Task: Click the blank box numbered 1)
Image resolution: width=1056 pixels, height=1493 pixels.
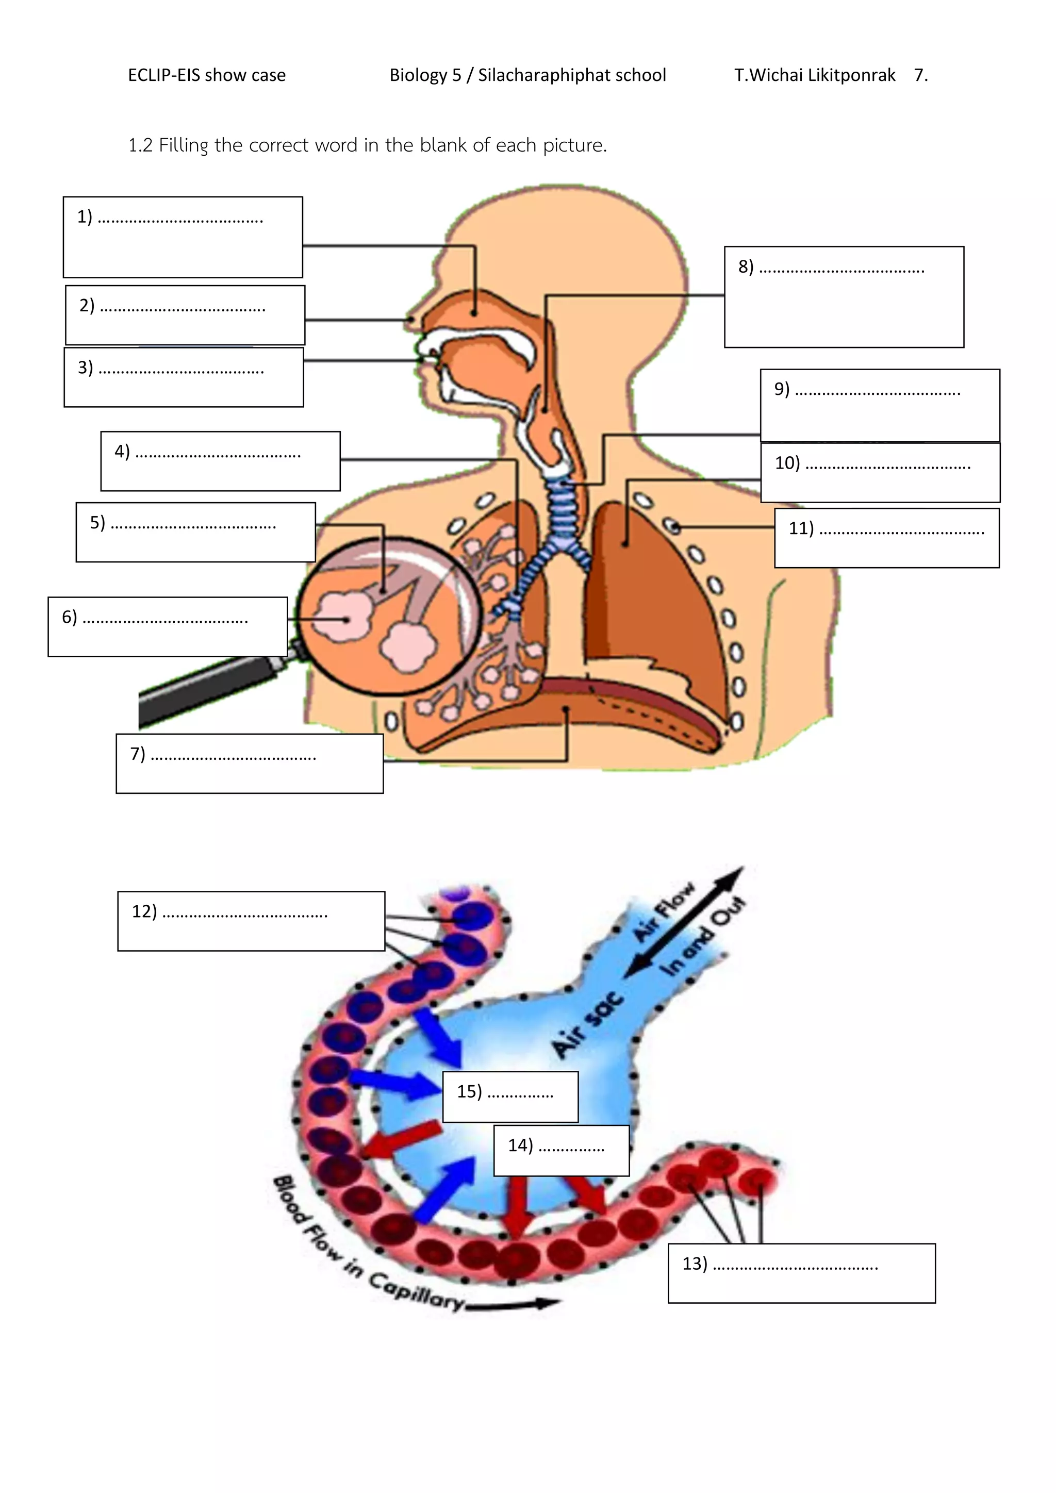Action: [x=183, y=237]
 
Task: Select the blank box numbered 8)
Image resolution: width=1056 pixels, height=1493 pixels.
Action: [x=844, y=297]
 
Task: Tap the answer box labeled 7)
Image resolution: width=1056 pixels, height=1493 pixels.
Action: [x=249, y=764]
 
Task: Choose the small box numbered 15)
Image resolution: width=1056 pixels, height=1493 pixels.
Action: [x=510, y=1097]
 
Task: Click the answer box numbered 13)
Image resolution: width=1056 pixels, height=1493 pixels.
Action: [x=801, y=1273]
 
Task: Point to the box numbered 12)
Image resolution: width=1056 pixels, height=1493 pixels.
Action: [x=251, y=921]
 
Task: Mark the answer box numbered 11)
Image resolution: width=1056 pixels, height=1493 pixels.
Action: [x=886, y=538]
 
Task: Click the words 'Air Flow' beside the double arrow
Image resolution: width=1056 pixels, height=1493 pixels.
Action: [x=665, y=911]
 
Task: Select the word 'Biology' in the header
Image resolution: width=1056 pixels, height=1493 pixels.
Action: [x=418, y=75]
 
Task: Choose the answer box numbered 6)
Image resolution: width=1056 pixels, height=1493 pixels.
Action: [x=167, y=627]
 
